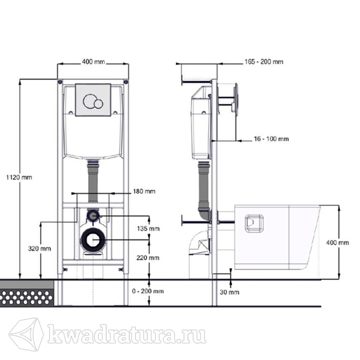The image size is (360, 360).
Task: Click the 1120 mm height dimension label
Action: (19, 177)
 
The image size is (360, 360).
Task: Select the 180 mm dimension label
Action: (144, 191)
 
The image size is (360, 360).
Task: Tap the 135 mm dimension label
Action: (148, 229)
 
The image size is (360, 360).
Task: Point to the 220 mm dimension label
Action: (148, 258)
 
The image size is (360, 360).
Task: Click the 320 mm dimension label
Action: (39, 249)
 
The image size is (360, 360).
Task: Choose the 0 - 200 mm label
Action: (148, 291)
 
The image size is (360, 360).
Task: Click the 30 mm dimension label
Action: (229, 292)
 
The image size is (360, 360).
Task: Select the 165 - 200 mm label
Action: (264, 61)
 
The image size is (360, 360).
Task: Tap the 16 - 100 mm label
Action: (271, 139)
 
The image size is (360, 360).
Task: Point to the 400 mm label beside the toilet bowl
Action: (337, 243)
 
